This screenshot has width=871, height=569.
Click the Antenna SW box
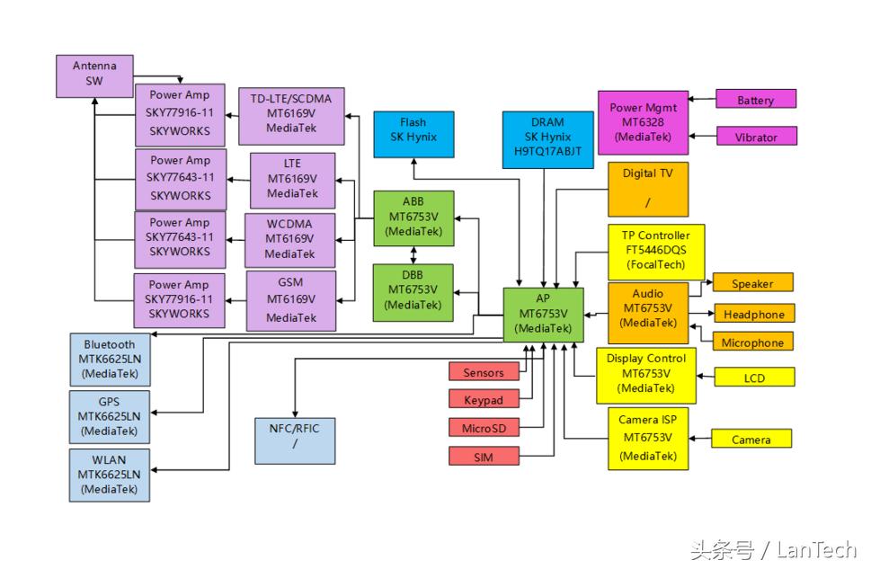94,76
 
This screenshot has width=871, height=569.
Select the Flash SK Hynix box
413,134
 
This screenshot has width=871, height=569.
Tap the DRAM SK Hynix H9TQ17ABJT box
547,139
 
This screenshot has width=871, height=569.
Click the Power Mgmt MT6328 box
644,122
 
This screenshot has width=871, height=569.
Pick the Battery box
755,99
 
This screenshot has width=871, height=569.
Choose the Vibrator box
755,137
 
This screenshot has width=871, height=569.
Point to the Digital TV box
647,189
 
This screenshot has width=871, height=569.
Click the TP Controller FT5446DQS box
655,251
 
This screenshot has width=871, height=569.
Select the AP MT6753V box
543,314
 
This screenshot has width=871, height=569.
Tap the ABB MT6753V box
413,218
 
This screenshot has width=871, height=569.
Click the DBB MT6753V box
413,291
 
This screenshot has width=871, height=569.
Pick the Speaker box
752,283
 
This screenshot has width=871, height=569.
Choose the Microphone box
752,342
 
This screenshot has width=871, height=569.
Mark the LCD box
753,378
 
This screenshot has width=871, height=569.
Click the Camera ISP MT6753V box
647,438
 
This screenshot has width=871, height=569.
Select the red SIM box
484,457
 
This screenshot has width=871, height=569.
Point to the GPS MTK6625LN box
110,415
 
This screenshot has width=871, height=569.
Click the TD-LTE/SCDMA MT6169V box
292,114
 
